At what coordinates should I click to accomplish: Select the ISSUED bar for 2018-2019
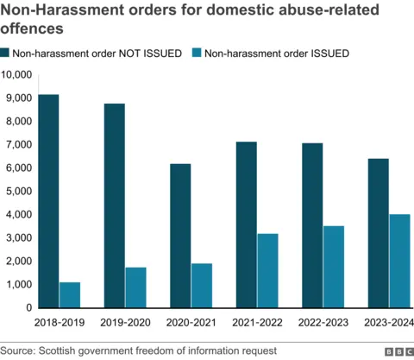(x=70, y=294)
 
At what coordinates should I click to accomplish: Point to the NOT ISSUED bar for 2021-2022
(x=247, y=224)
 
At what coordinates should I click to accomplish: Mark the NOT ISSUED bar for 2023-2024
(x=379, y=233)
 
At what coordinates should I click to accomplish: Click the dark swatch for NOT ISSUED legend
(x=8, y=54)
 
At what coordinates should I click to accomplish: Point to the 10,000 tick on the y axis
(x=17, y=75)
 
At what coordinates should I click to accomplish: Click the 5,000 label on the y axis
(x=20, y=191)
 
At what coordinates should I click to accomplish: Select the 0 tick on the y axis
(x=29, y=307)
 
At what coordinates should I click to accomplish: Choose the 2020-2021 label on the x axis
(x=191, y=323)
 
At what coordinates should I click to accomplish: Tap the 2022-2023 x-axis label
(x=323, y=323)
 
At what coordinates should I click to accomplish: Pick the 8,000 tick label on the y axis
(x=20, y=122)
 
